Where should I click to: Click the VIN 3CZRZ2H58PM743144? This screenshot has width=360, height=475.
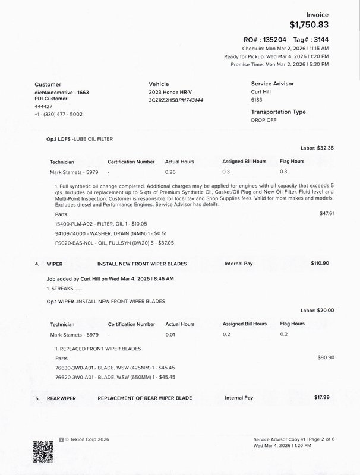point(176,100)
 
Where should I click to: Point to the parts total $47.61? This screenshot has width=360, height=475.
point(327,213)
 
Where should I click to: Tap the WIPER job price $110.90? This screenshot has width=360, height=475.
point(320,263)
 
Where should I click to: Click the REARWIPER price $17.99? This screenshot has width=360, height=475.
point(321,397)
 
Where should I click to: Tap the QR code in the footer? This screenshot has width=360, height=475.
point(42,451)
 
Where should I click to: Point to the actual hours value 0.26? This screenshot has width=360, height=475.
point(171,172)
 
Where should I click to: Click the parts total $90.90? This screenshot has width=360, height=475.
point(326,357)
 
